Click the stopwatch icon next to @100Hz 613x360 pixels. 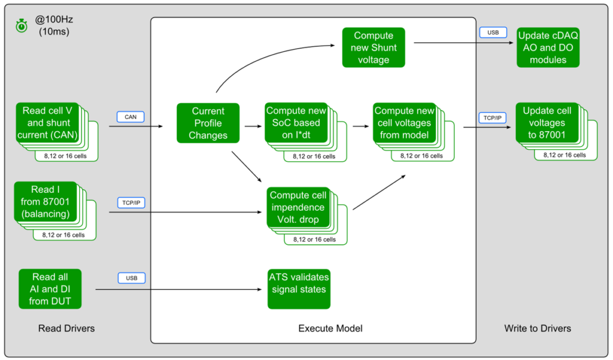coord(22,26)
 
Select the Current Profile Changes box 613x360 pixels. coord(208,123)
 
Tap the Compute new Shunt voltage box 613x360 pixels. coord(374,47)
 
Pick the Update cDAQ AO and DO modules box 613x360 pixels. coord(548,47)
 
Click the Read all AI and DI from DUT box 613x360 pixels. coord(50,289)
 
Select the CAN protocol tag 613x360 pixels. coord(130,116)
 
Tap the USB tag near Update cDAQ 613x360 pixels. coord(493,32)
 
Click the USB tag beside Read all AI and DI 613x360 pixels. coord(131,278)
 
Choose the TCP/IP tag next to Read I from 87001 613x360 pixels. coord(131,202)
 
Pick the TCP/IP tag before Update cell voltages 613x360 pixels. coord(493,118)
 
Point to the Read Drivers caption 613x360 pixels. coord(66,328)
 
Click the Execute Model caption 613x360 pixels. coord(330,328)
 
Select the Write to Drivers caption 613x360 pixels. coord(538,328)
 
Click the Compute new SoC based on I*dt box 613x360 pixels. coord(296,123)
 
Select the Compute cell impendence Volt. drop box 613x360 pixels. coord(298,207)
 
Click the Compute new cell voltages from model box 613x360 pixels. coord(404,123)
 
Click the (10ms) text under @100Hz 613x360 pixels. coord(54,32)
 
